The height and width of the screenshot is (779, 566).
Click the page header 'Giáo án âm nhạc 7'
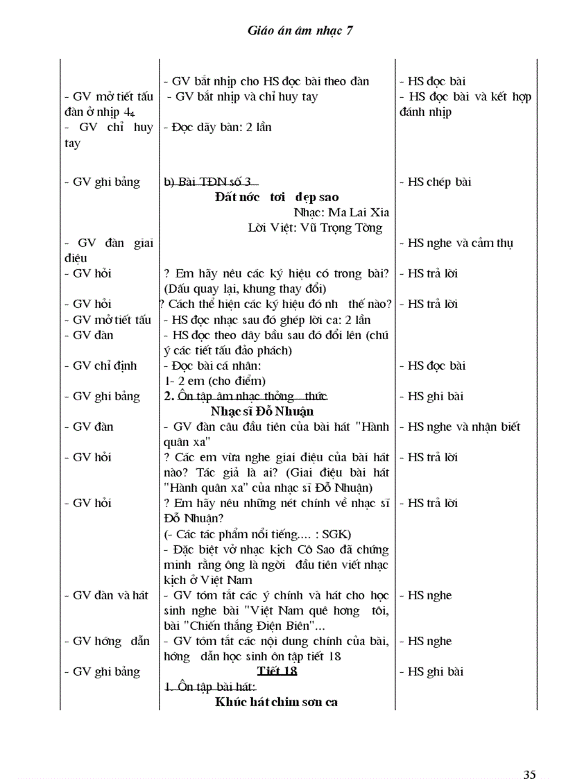(x=300, y=31)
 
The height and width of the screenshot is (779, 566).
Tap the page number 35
(x=530, y=755)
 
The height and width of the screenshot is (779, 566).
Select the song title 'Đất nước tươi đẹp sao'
(x=277, y=197)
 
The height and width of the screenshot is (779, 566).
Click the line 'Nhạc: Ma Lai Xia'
(x=338, y=212)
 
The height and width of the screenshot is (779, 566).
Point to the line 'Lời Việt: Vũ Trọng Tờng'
(x=315, y=228)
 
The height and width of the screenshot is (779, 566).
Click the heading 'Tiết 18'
(x=277, y=671)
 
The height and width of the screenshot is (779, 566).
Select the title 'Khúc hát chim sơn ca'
(x=276, y=702)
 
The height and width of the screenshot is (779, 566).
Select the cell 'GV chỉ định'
(x=105, y=366)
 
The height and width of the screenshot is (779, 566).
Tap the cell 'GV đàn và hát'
(x=110, y=595)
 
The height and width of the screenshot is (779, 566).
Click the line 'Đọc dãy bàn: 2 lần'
(x=218, y=127)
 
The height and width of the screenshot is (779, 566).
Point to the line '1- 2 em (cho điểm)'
(x=215, y=381)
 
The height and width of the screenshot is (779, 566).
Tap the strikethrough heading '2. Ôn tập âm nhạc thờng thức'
(x=245, y=396)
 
